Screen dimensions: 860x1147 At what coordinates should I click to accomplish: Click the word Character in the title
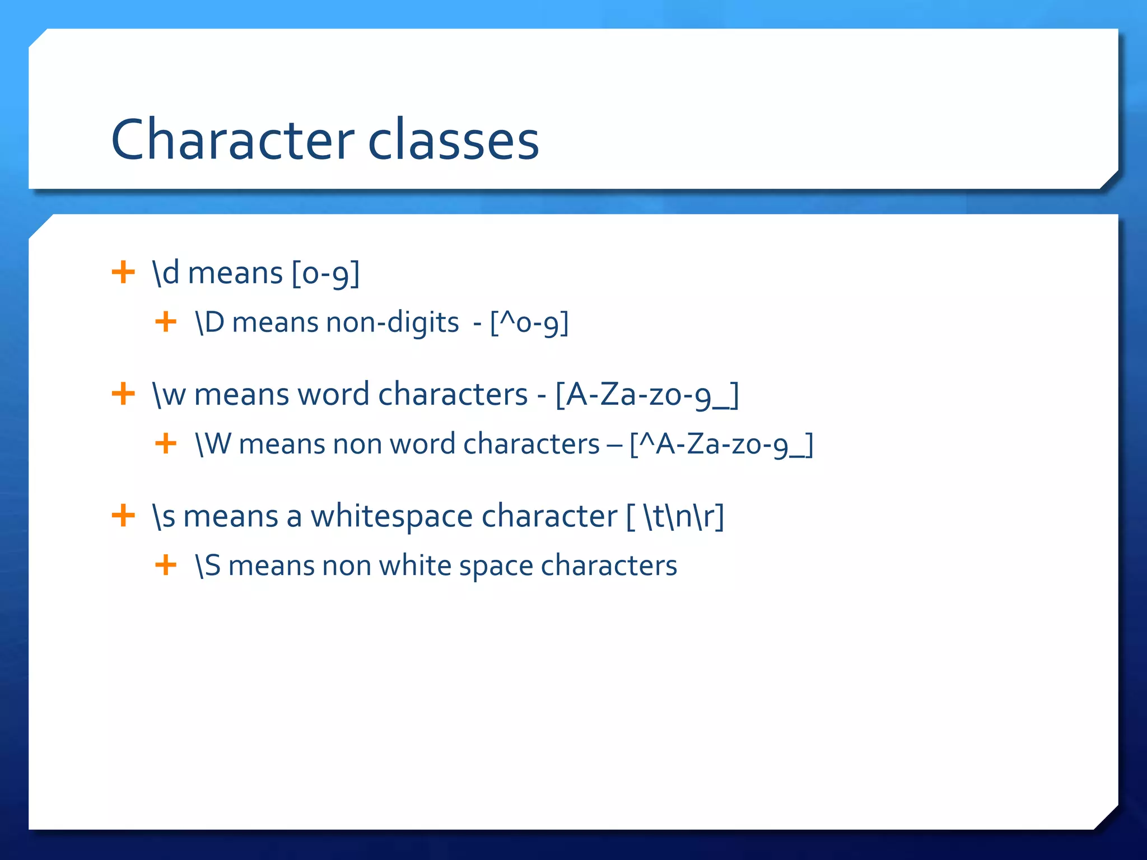[x=232, y=140]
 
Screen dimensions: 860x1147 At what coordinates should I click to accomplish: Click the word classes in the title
[x=453, y=140]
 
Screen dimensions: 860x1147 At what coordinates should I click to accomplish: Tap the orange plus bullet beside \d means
[x=123, y=273]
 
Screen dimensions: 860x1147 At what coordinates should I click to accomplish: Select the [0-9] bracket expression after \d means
[x=325, y=274]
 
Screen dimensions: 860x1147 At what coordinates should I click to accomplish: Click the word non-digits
[x=392, y=323]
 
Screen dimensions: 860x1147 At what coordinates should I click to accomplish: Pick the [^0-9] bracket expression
[x=529, y=323]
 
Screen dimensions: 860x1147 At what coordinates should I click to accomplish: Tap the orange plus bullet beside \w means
[x=123, y=394]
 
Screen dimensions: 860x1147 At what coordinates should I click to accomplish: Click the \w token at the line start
[x=169, y=395]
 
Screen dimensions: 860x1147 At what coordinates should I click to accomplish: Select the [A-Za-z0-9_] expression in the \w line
[x=647, y=395]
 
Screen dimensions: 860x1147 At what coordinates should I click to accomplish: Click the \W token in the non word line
[x=213, y=444]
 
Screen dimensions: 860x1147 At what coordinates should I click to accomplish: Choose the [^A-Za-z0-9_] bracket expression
[x=721, y=445]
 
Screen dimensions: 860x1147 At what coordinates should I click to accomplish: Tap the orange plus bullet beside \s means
[x=123, y=515]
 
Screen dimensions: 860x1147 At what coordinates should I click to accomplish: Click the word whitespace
[x=391, y=516]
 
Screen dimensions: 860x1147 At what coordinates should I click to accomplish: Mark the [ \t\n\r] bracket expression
[x=675, y=516]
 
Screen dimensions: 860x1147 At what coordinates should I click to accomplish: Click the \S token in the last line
[x=208, y=565]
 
